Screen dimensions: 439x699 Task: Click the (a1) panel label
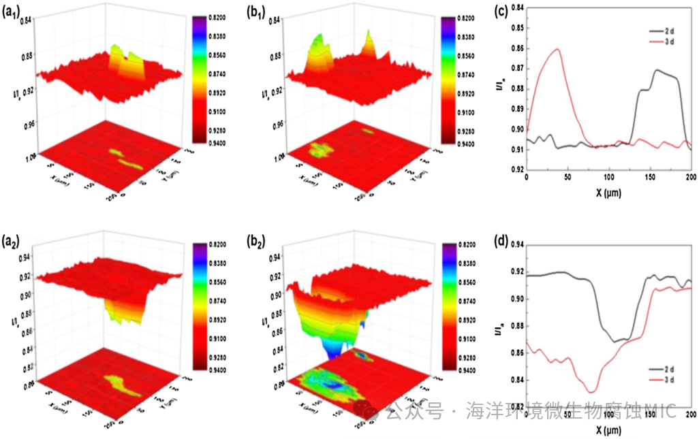14,12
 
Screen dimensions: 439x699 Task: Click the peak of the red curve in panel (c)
558,49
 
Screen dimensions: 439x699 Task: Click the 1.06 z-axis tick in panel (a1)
27,156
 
